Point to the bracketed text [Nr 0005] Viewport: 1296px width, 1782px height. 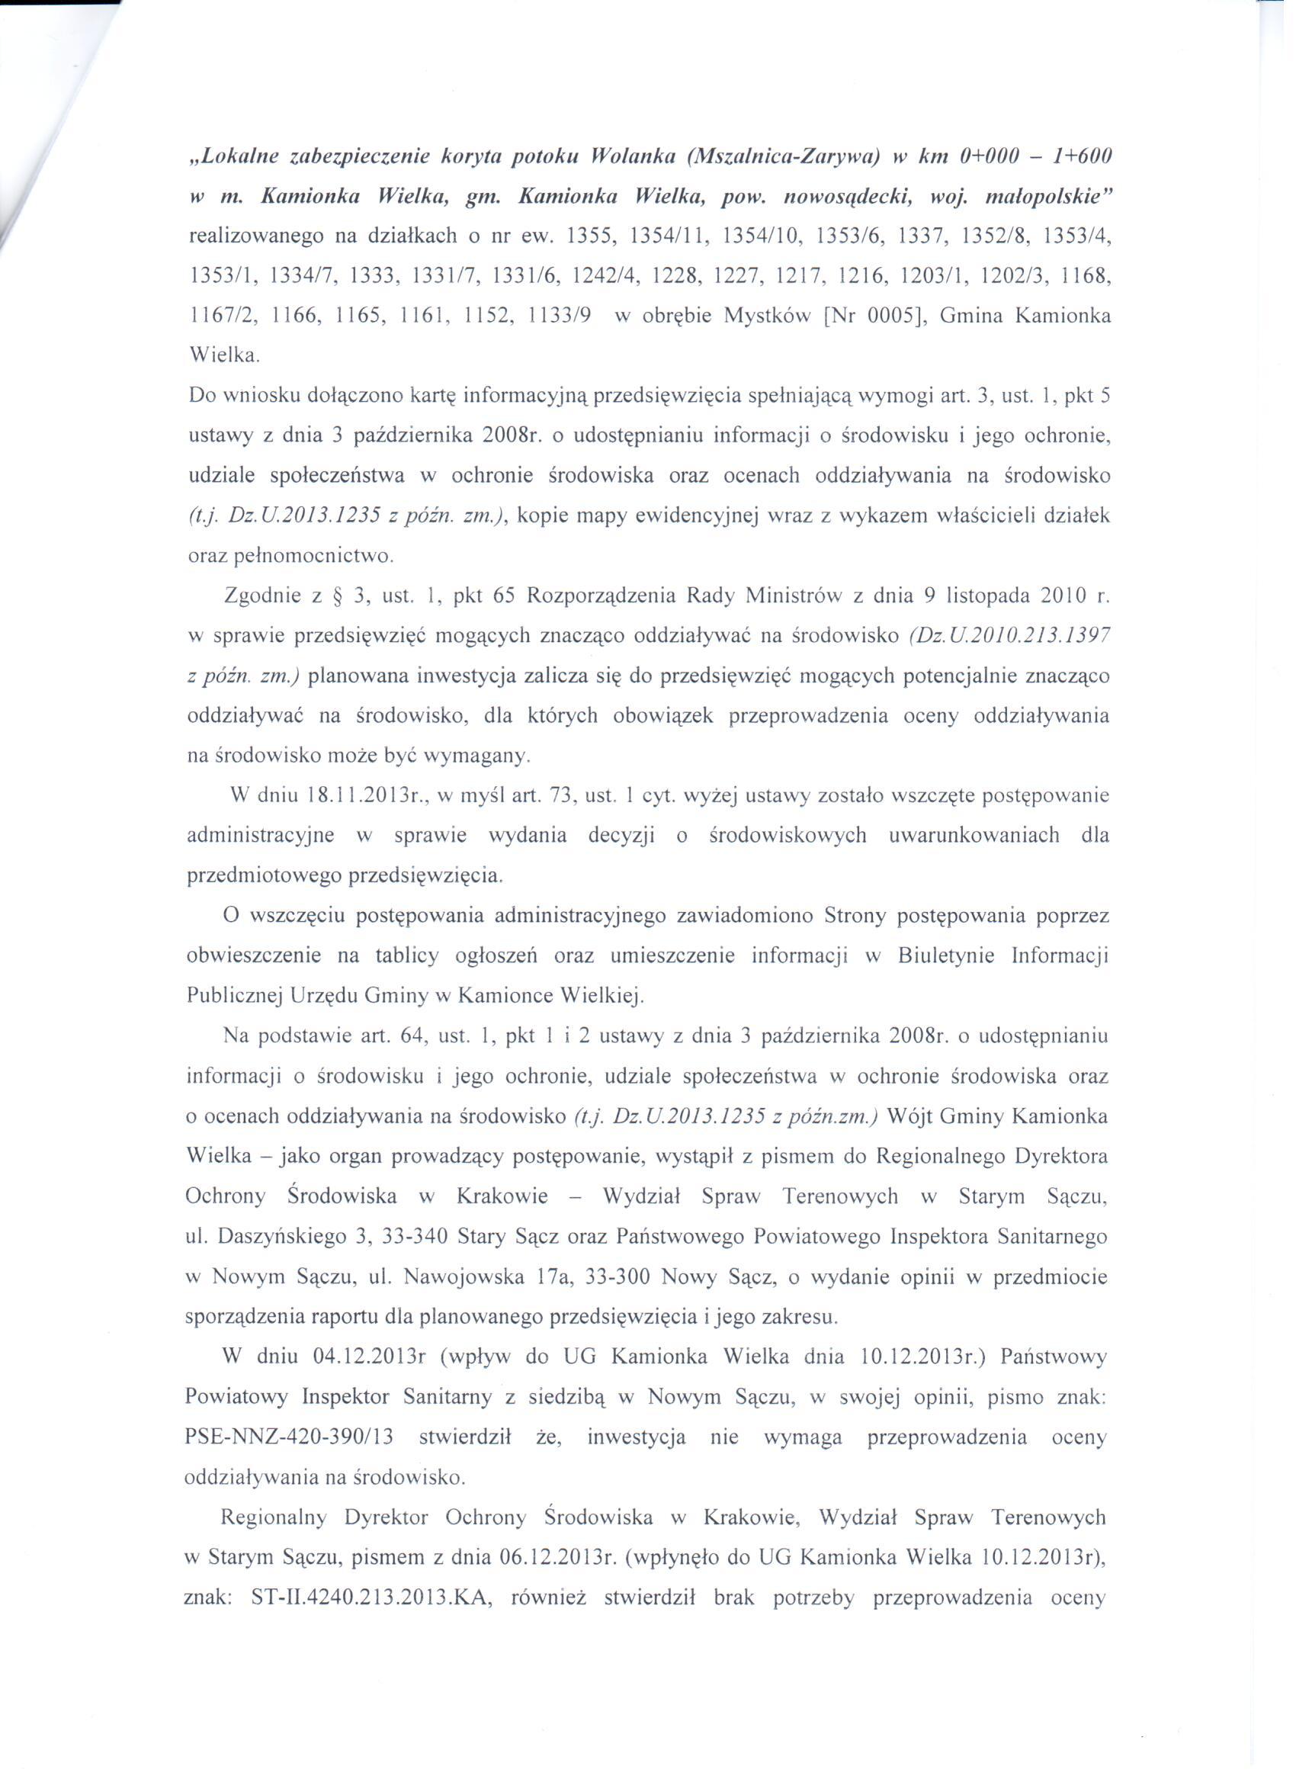tap(870, 316)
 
